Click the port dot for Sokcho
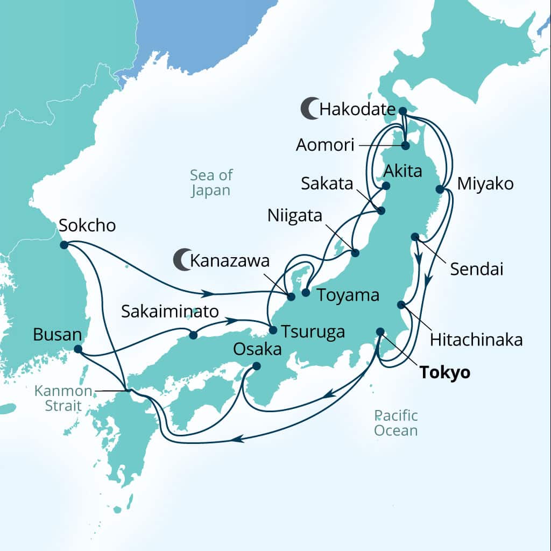pyautogui.click(x=64, y=245)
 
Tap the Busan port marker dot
pyautogui.click(x=77, y=349)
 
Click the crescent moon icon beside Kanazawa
pyautogui.click(x=181, y=260)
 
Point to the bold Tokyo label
pyautogui.click(x=444, y=372)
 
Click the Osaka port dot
pyautogui.click(x=257, y=366)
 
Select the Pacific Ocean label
pyautogui.click(x=396, y=423)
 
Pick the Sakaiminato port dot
pyautogui.click(x=193, y=335)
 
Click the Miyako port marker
pyautogui.click(x=440, y=189)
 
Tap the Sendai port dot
pyautogui.click(x=415, y=237)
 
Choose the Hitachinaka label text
pyautogui.click(x=476, y=340)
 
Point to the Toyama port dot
pyautogui.click(x=306, y=293)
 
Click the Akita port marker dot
pyautogui.click(x=386, y=186)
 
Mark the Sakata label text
pyautogui.click(x=327, y=184)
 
